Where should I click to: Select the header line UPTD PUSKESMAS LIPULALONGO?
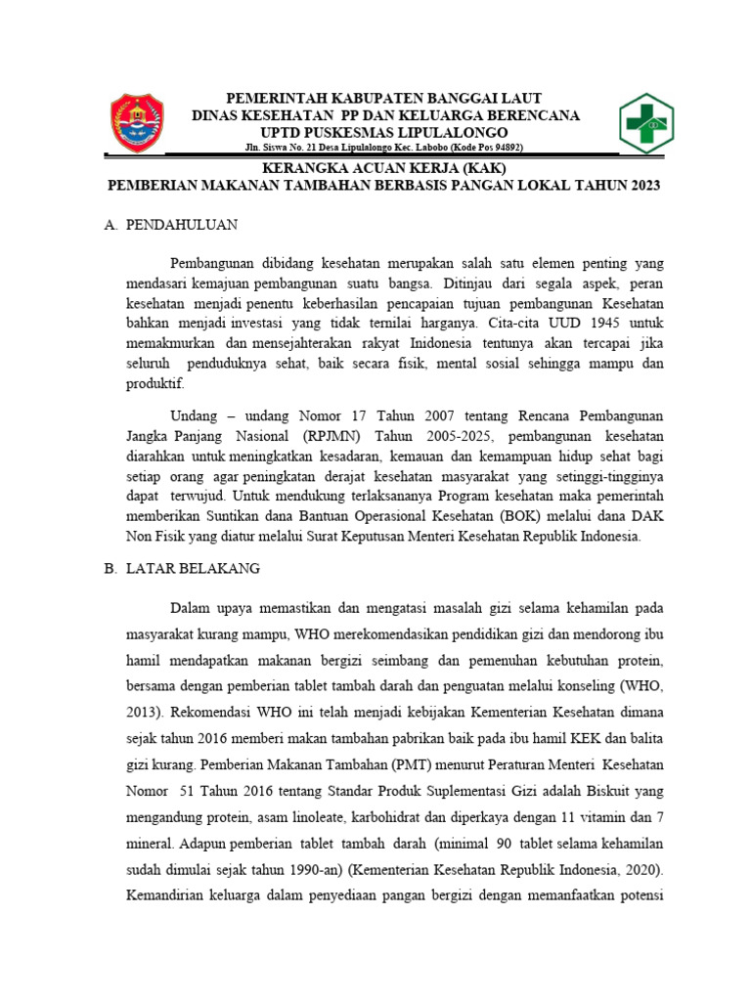382,132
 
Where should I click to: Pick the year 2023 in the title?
641,186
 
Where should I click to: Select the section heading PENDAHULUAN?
185,225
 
